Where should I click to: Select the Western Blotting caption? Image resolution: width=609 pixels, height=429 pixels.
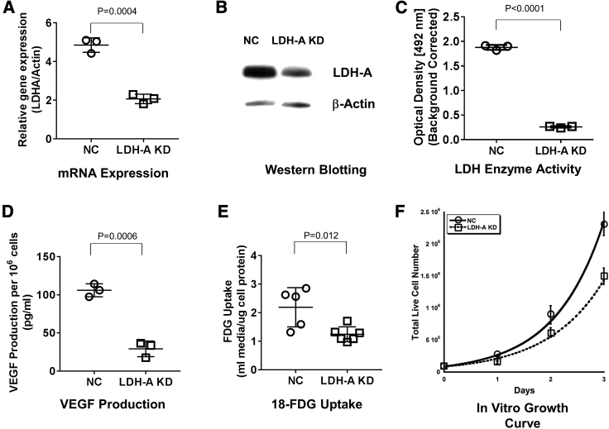[304, 169]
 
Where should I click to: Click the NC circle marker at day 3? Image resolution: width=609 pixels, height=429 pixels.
[604, 224]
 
